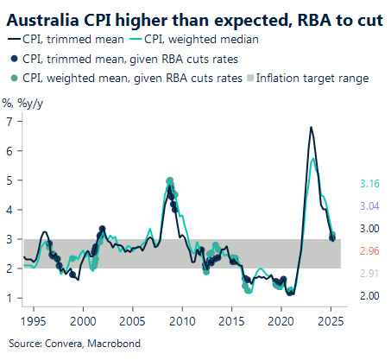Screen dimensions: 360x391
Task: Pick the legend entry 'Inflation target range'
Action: (x=308, y=78)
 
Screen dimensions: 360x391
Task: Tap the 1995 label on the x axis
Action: (x=34, y=320)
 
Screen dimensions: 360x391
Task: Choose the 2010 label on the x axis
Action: (x=180, y=320)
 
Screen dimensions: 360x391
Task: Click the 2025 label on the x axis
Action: (x=327, y=320)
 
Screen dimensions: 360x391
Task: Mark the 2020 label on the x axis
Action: (x=278, y=320)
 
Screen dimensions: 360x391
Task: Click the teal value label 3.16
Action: (x=369, y=184)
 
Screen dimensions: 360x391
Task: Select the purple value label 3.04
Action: (x=369, y=206)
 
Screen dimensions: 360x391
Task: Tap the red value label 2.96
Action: (x=369, y=251)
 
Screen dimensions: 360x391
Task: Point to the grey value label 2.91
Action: (x=369, y=274)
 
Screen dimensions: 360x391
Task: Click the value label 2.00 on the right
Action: (x=369, y=296)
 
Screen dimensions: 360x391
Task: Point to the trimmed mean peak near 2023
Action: (x=311, y=128)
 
